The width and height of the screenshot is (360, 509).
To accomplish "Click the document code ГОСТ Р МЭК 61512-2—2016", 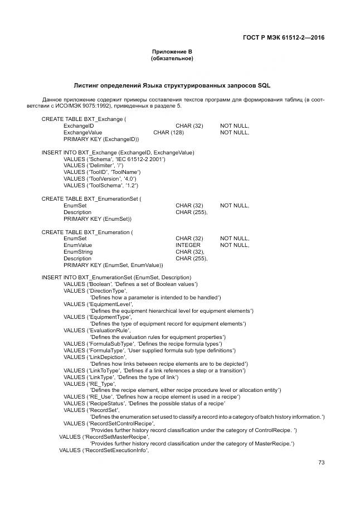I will (284, 38).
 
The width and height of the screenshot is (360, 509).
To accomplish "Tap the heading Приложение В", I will (172, 52).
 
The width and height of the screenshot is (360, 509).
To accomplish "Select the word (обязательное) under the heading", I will (172, 59).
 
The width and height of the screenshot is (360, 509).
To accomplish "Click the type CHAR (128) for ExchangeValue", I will (169, 133).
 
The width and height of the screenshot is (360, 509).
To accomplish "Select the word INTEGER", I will (188, 245).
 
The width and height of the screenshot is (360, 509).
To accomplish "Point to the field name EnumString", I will (78, 252).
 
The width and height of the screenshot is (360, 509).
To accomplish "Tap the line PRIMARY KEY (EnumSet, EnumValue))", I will (113, 265).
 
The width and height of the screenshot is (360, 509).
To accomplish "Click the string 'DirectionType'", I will (106, 291).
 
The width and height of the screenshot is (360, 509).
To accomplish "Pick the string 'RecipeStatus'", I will (106, 404).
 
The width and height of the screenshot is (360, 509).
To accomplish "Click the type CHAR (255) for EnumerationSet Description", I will (191, 212).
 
